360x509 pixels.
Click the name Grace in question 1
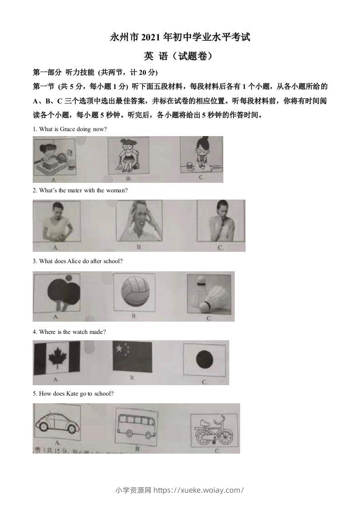(x=68, y=129)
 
